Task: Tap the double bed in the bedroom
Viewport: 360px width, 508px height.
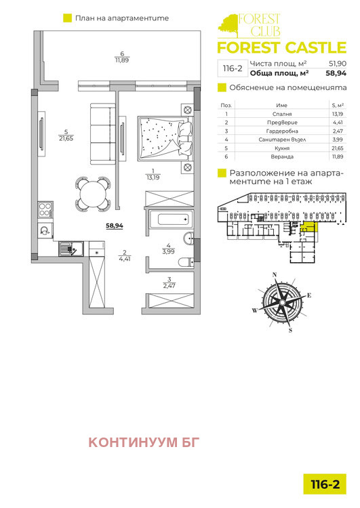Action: [x=165, y=138]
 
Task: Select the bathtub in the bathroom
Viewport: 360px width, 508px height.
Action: [x=172, y=219]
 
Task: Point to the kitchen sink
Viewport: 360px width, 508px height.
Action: [x=71, y=249]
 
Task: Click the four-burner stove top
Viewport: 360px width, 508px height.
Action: [x=45, y=209]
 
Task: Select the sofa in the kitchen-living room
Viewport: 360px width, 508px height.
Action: [x=103, y=133]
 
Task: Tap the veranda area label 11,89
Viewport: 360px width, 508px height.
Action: [x=122, y=60]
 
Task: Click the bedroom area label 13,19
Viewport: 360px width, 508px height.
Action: [x=153, y=177]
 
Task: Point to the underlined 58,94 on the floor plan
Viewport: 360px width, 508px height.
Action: [x=115, y=226]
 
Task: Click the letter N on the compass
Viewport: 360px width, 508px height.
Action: [x=275, y=275]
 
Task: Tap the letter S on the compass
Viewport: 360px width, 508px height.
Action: [x=291, y=331]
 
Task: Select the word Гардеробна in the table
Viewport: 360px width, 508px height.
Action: [x=282, y=131]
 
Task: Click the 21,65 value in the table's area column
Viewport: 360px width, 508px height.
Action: [x=338, y=148]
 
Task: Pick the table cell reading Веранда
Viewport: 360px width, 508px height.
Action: [x=282, y=157]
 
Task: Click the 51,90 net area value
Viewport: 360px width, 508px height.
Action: [x=338, y=64]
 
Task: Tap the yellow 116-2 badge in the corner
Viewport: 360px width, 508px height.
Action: [x=325, y=484]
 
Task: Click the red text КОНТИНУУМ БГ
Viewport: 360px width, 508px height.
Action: [x=144, y=442]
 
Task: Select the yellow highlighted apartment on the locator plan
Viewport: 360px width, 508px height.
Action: [x=308, y=227]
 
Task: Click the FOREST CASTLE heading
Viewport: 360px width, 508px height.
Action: [x=281, y=47]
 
